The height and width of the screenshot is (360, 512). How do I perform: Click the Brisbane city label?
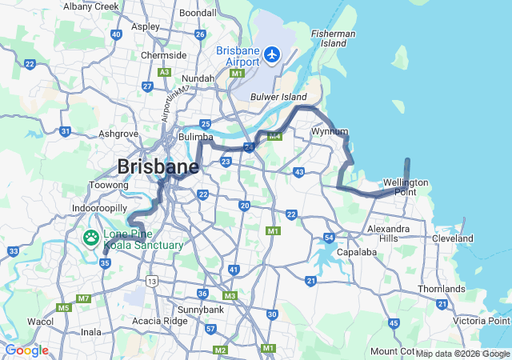[x=158, y=166]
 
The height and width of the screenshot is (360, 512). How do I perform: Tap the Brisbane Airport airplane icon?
[x=273, y=55]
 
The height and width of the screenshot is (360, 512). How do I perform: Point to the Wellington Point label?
[x=410, y=186]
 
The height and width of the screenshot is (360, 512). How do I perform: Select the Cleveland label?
[x=452, y=238]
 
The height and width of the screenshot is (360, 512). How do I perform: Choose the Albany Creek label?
[x=90, y=6]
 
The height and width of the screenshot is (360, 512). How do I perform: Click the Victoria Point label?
[x=480, y=321]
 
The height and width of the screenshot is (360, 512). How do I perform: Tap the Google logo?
[x=26, y=350]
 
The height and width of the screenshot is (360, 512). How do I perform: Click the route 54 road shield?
[x=329, y=238]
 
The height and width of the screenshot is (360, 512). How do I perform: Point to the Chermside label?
[x=163, y=55]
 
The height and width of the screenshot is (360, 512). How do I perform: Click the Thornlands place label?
[x=441, y=289]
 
